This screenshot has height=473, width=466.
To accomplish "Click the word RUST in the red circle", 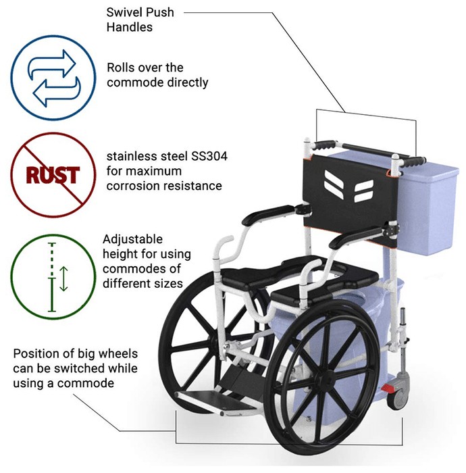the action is (53, 175).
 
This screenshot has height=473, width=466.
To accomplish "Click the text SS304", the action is (209, 156).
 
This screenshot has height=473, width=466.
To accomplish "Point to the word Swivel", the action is (123, 12).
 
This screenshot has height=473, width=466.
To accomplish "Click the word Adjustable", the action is (132, 239).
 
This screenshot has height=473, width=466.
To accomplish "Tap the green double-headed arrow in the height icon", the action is (63, 278).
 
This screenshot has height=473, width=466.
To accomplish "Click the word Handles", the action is (129, 27).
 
